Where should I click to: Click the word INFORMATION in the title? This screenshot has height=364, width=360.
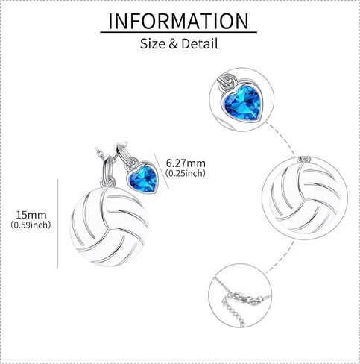pyautogui.click(x=178, y=21)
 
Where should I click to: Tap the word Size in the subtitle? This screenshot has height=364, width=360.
pyautogui.click(x=153, y=43)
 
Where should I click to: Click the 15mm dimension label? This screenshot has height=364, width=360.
pyautogui.click(x=31, y=215)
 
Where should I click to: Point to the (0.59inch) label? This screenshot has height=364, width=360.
pyautogui.click(x=31, y=225)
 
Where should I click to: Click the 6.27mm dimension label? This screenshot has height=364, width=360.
pyautogui.click(x=186, y=163)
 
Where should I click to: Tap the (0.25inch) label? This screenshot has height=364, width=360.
pyautogui.click(x=186, y=173)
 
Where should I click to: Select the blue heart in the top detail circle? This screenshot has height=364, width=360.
pyautogui.click(x=242, y=104)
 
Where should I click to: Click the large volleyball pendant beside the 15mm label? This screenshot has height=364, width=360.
pyautogui.click(x=110, y=226)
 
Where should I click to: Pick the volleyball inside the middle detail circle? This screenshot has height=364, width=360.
pyautogui.click(x=305, y=198)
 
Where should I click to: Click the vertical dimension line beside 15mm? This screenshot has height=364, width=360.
pyautogui.click(x=58, y=223)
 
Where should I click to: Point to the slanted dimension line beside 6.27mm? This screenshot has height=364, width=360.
pyautogui.click(x=162, y=171)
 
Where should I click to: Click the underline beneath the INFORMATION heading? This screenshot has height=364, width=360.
pyautogui.click(x=178, y=32)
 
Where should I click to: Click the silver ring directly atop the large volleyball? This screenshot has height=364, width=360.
pyautogui.click(x=108, y=182)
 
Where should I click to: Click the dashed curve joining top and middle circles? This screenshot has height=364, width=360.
pyautogui.click(x=284, y=138)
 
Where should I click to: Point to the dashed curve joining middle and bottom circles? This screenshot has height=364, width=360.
pyautogui.click(x=282, y=257)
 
